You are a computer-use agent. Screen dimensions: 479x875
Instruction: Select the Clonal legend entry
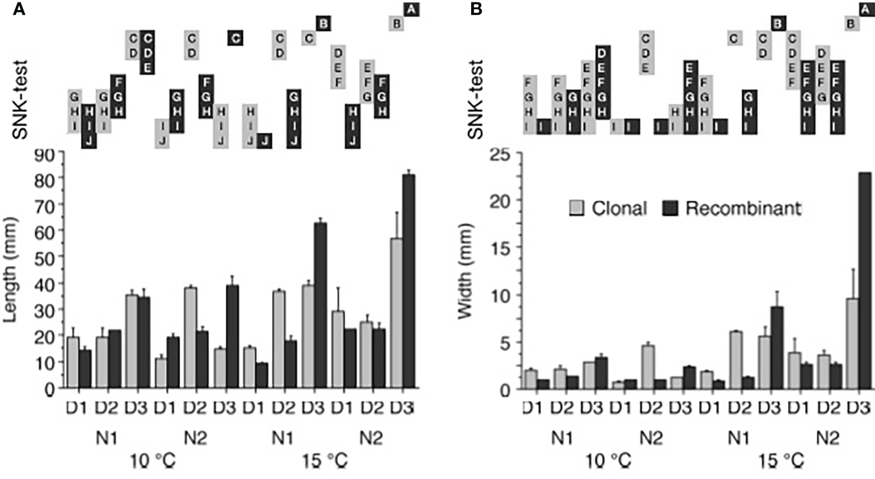[608, 209]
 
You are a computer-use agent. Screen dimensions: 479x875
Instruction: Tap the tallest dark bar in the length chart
[408, 281]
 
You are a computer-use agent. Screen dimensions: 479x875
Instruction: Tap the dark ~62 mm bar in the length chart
[320, 306]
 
